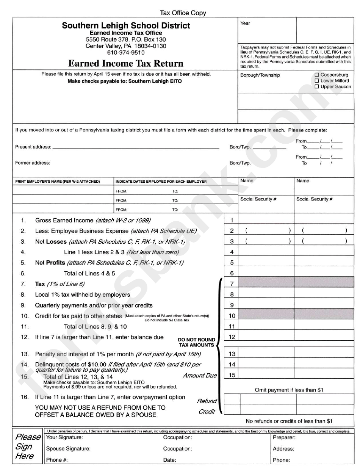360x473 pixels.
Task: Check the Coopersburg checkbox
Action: click(317, 75)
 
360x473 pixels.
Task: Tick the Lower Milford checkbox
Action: click(317, 81)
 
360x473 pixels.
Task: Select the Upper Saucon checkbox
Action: click(317, 87)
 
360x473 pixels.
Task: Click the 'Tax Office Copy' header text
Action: click(183, 13)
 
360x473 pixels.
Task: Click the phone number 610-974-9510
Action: click(126, 53)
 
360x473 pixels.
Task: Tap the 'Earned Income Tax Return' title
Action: click(126, 63)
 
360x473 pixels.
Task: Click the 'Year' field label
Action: click(245, 23)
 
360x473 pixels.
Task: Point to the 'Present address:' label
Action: click(33, 147)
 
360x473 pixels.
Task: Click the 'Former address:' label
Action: click(33, 163)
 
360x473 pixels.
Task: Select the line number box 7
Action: click(232, 284)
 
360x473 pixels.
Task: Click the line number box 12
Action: click(232, 337)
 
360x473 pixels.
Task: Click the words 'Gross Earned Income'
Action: click(64, 220)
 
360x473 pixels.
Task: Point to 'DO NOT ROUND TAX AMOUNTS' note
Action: click(197, 342)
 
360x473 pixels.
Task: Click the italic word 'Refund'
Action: click(207, 401)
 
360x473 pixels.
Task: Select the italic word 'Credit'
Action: click(207, 412)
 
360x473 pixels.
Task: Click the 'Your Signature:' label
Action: click(64, 437)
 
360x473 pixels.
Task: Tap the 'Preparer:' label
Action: click(284, 437)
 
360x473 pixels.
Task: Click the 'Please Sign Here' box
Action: click(28, 446)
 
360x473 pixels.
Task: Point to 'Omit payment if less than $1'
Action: click(289, 390)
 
